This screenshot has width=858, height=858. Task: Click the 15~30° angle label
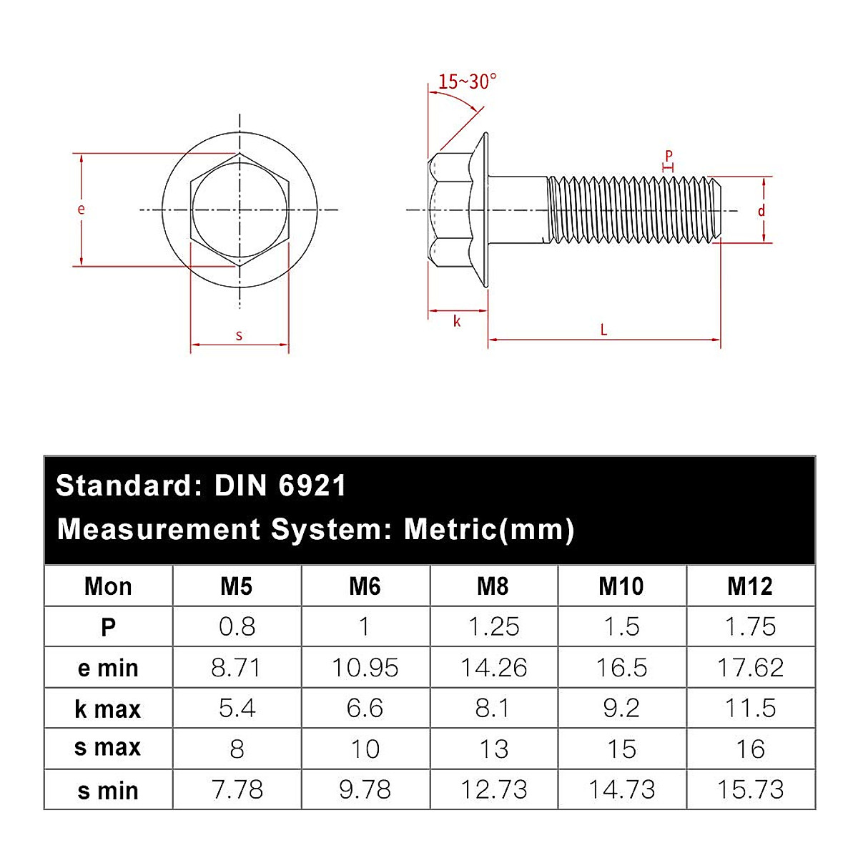467,82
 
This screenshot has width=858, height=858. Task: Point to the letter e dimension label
81,209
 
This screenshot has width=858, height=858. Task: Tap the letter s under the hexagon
239,335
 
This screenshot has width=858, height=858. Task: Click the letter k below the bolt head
457,321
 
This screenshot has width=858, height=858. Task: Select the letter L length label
603,330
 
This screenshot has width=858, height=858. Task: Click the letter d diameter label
761,210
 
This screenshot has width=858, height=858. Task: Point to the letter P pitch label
669,155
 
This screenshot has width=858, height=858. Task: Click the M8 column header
493,587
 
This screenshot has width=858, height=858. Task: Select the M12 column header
750,587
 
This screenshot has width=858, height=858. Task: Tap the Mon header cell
108,587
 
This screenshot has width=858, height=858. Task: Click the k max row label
108,709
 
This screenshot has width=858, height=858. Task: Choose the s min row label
108,791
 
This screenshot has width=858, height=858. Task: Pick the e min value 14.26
493,668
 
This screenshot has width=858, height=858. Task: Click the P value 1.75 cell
750,627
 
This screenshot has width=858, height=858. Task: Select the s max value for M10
621,749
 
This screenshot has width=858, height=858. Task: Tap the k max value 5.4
237,709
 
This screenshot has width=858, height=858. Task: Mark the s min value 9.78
365,790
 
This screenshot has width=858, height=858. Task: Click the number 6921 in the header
312,486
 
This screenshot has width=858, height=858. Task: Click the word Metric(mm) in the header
489,530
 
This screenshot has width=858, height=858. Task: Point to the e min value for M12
750,668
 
